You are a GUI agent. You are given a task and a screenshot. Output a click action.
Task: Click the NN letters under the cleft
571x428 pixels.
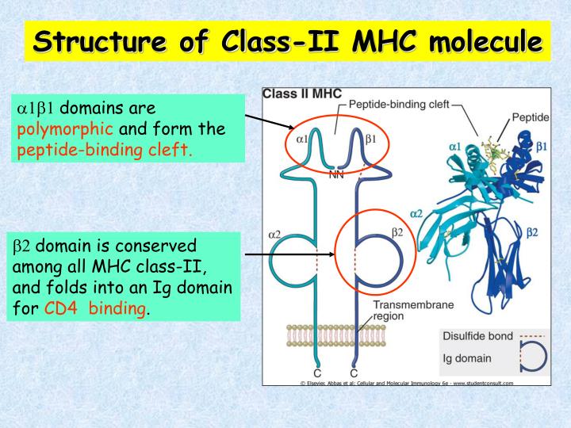(x=336, y=175)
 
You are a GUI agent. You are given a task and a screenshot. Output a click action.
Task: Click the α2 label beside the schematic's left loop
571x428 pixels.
(x=275, y=234)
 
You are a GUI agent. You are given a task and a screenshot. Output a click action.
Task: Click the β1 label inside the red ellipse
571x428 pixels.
(x=370, y=139)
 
